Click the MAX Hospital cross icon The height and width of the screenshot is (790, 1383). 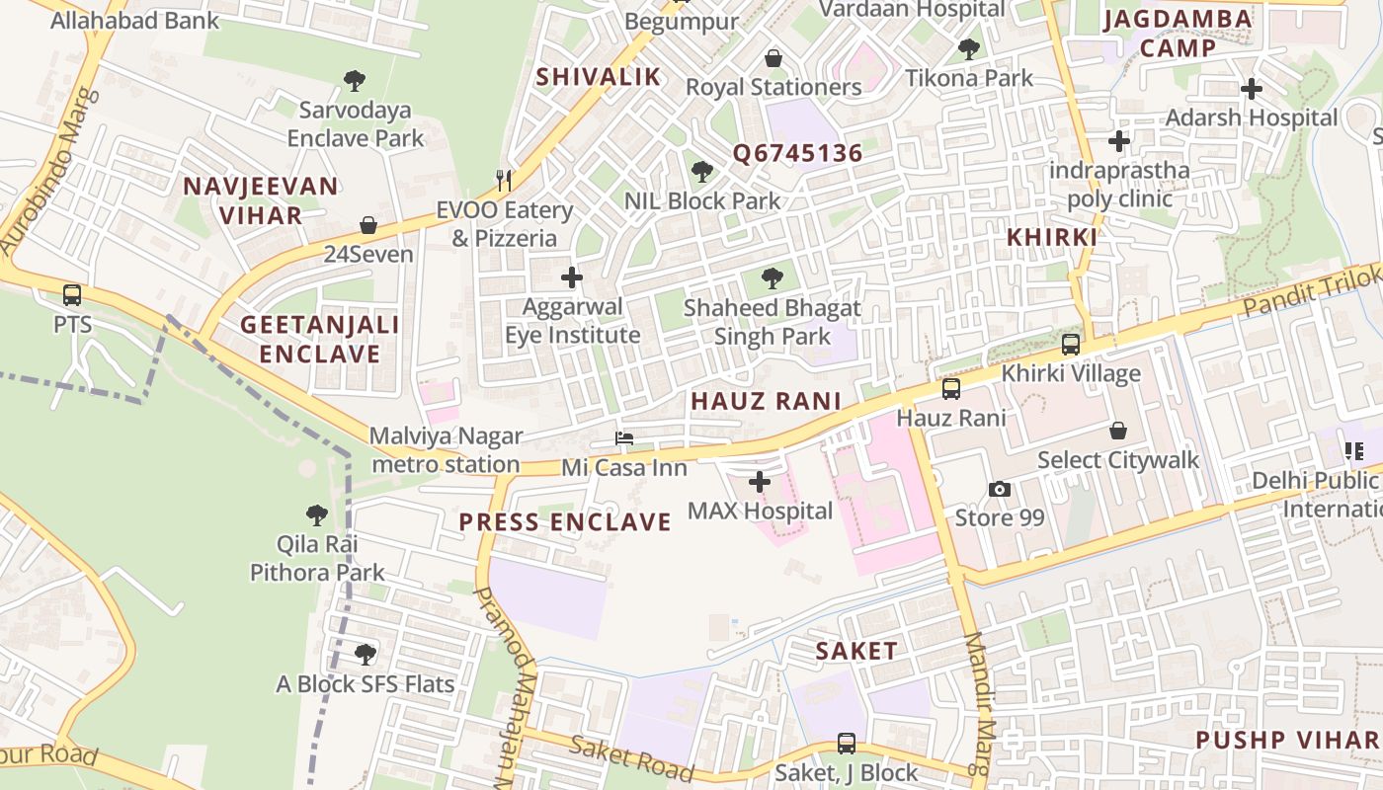759,482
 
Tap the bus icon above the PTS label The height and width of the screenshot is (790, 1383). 72,294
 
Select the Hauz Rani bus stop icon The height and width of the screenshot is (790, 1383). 950,389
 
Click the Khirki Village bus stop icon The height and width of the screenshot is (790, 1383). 1070,345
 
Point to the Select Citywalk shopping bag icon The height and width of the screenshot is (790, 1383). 1117,431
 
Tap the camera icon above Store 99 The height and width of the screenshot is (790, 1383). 999,489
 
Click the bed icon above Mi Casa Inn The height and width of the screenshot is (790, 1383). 623,438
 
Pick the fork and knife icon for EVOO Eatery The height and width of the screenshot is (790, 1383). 504,180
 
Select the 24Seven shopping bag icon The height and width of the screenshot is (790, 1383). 368,225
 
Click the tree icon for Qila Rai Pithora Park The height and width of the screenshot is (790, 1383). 316,514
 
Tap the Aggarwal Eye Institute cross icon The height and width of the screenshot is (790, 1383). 571,277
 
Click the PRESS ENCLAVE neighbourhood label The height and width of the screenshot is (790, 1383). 565,522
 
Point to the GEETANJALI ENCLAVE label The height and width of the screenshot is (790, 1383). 320,339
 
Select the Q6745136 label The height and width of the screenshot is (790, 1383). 797,154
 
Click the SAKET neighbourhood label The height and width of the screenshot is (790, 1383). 856,651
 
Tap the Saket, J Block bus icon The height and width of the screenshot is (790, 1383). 846,744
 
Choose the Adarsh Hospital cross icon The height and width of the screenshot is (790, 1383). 1251,89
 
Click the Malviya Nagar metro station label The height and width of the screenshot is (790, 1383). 446,450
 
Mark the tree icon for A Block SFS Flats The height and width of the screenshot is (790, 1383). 365,654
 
